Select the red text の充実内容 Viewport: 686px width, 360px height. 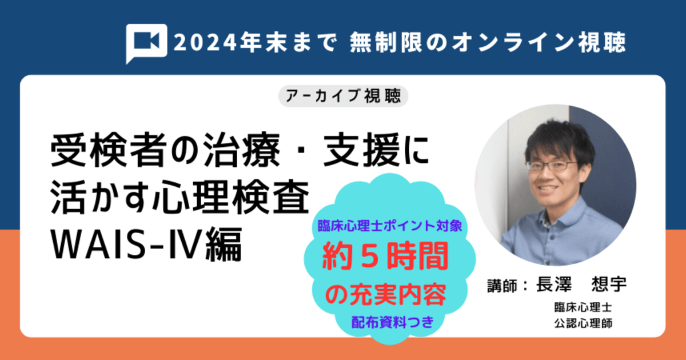[385, 296]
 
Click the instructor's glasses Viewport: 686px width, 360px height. [552, 166]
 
